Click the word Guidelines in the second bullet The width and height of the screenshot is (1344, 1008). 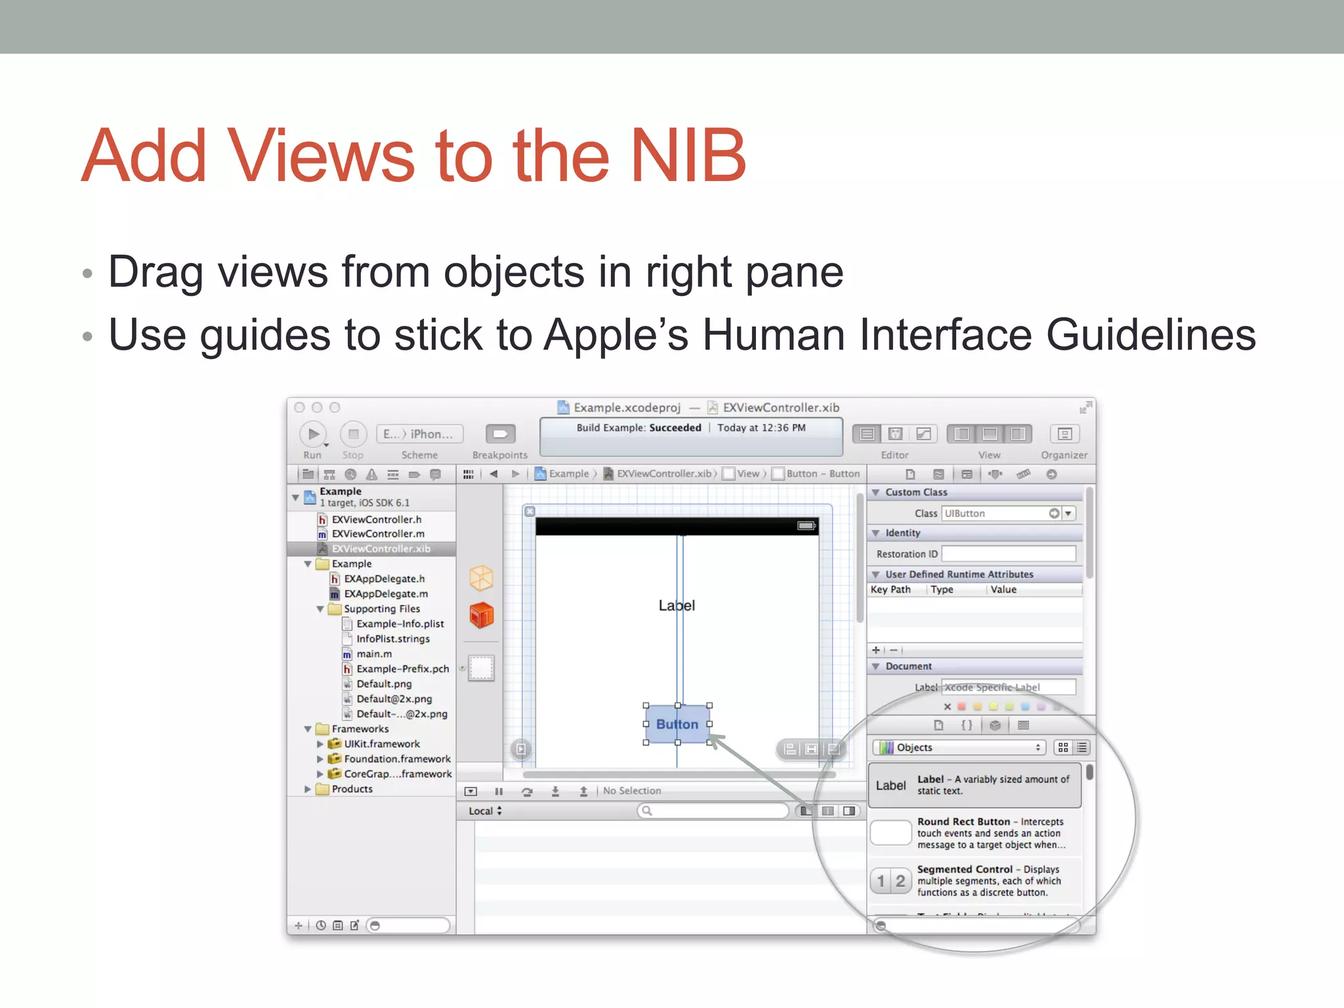[x=1150, y=335]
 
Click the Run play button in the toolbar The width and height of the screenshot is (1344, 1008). [x=313, y=434]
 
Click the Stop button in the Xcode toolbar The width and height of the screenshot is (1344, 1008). [x=353, y=434]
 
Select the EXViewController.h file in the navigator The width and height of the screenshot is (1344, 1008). [x=376, y=519]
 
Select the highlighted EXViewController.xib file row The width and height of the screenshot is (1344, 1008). [x=381, y=549]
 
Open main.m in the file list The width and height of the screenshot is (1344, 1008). [x=374, y=654]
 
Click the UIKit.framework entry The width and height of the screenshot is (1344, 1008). [x=381, y=744]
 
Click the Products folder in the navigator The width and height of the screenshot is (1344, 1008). [x=352, y=789]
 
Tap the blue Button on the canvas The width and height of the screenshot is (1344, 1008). [x=677, y=724]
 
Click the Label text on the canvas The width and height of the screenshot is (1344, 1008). [x=677, y=605]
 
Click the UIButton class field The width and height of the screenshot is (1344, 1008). [x=994, y=513]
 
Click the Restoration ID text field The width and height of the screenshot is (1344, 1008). [x=1009, y=554]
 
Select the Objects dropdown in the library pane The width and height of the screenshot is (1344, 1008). [x=959, y=747]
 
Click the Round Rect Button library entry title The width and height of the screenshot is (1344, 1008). [x=963, y=822]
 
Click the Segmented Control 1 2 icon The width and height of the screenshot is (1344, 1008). [x=891, y=881]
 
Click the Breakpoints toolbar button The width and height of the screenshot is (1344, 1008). [x=500, y=434]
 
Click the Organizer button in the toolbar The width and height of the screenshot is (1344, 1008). [x=1064, y=434]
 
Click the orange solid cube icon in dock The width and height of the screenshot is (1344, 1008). [x=481, y=616]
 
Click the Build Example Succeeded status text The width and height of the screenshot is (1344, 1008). [x=639, y=428]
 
